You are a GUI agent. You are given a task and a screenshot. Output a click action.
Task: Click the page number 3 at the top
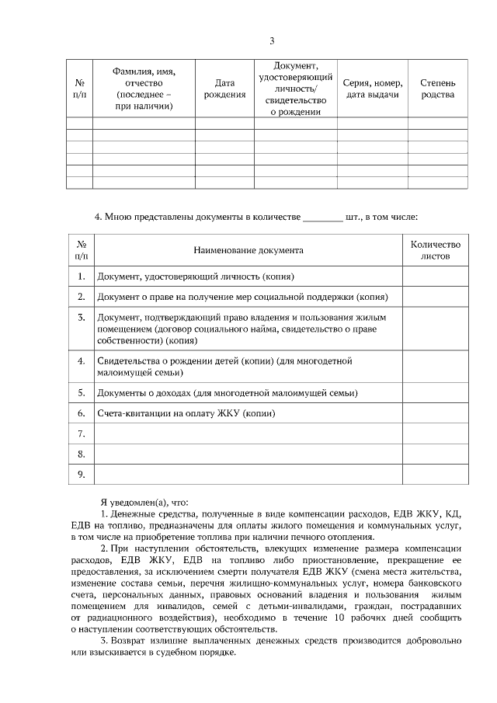(x=271, y=41)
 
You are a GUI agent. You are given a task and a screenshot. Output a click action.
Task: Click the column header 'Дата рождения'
(x=224, y=89)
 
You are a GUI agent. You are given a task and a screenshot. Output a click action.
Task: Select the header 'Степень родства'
(x=437, y=89)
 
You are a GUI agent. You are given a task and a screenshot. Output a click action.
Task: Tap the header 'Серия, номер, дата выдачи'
(x=372, y=89)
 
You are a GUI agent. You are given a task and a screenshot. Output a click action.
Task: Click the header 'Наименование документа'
(x=248, y=250)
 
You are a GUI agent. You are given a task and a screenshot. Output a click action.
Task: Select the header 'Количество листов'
(x=435, y=249)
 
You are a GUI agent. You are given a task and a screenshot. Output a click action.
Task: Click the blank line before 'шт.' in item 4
(x=322, y=218)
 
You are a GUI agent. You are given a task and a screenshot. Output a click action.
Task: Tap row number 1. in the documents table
(x=81, y=276)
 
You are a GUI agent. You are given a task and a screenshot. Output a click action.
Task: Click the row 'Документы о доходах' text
(x=227, y=394)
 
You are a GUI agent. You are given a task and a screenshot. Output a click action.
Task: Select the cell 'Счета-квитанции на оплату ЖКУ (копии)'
(x=186, y=413)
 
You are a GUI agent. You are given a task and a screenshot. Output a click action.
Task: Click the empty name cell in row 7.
(x=248, y=433)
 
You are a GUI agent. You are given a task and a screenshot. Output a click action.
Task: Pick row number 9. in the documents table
(x=81, y=473)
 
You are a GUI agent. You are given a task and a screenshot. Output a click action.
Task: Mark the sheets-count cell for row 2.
(x=435, y=297)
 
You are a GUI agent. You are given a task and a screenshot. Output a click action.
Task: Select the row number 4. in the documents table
(x=81, y=361)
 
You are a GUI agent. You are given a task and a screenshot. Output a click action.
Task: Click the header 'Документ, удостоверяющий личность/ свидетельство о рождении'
(x=295, y=89)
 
